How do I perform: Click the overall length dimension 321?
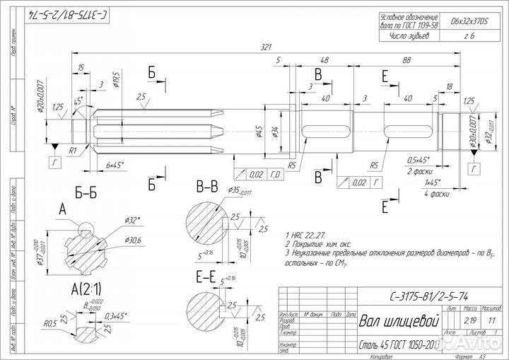coord(267,47)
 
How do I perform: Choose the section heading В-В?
coord(209,186)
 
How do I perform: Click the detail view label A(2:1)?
coord(86,289)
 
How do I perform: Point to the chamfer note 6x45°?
coord(115,164)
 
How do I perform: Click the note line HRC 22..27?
coord(306,234)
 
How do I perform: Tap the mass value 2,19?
coord(467,321)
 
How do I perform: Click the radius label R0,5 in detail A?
coord(49,324)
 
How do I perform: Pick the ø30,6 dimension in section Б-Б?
coord(132,240)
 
